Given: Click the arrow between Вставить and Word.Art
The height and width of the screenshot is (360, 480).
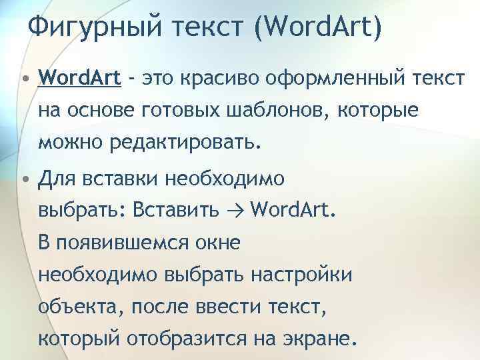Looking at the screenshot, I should coord(231,210).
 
